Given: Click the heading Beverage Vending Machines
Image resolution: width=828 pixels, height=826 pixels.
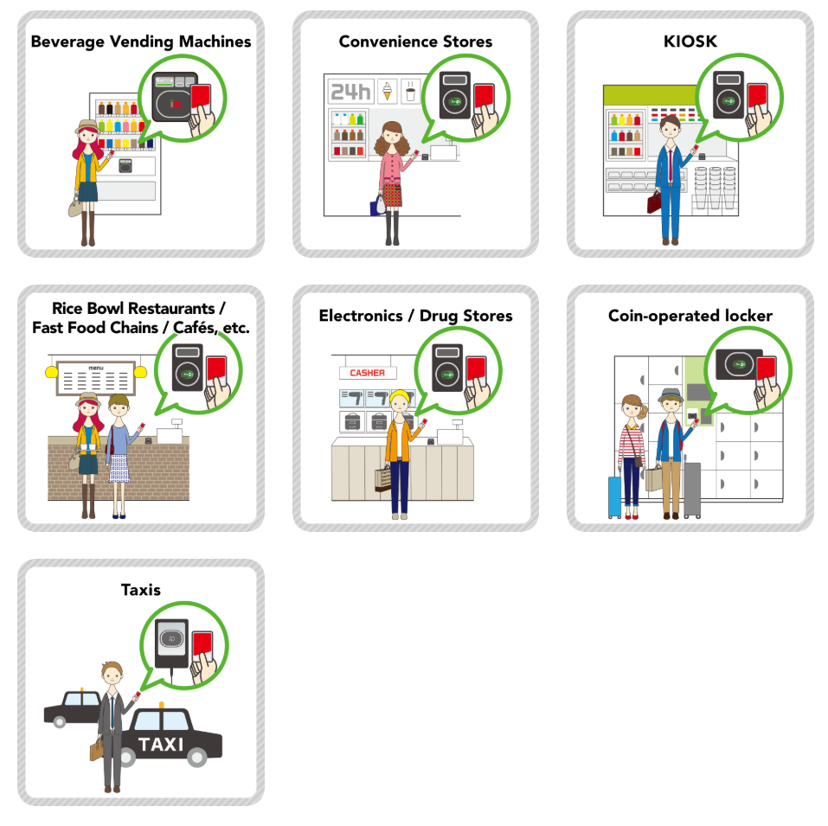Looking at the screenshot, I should tap(141, 42).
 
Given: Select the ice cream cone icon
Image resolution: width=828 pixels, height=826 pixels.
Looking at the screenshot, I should tap(387, 91).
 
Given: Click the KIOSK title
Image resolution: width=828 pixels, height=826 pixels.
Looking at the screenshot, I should tap(690, 42).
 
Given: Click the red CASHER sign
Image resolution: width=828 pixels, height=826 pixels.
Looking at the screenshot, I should tap(367, 373).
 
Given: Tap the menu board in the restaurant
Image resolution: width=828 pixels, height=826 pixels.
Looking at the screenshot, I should tap(95, 381).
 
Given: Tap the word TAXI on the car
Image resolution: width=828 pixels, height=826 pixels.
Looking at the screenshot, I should tap(161, 745).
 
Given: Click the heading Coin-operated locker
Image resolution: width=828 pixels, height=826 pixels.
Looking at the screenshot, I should tap(690, 316).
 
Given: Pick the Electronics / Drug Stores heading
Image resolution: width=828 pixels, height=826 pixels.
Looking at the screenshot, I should tap(415, 316).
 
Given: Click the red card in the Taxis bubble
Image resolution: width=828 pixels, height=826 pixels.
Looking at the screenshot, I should tap(202, 644).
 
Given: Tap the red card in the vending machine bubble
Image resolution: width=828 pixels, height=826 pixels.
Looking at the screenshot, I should tap(201, 98).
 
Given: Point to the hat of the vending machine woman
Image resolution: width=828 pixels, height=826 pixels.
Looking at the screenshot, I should tap(87, 126).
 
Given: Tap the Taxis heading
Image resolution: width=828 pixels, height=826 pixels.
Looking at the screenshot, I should tap(141, 590).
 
